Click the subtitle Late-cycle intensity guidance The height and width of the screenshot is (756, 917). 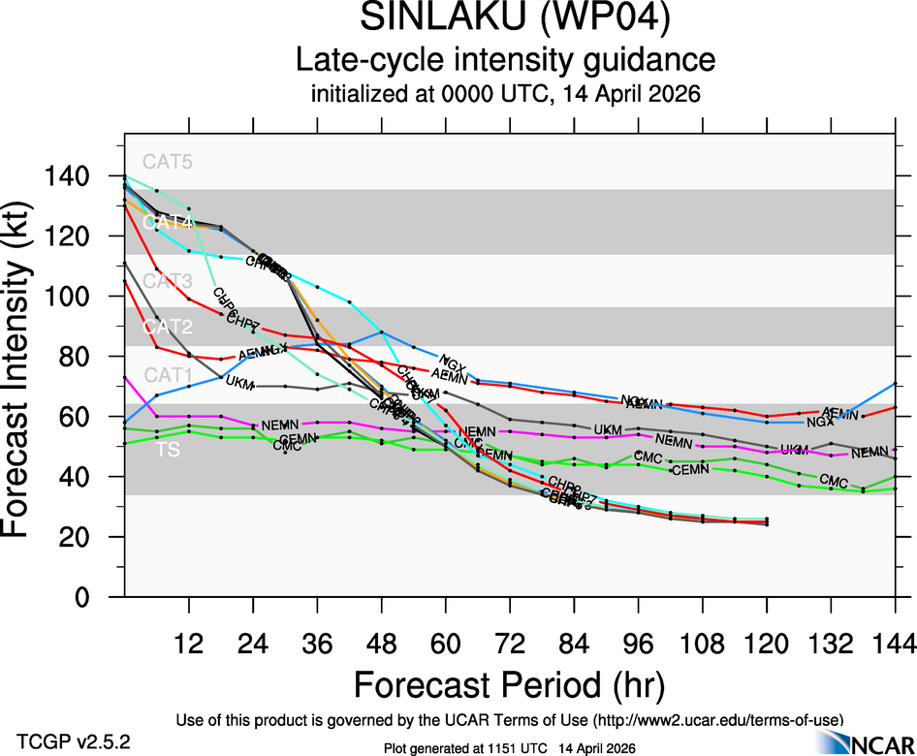pyautogui.click(x=505, y=61)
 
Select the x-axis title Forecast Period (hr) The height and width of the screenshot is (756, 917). pyautogui.click(x=508, y=684)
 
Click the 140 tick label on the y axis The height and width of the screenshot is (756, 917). pyautogui.click(x=77, y=176)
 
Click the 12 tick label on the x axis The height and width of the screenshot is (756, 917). pyautogui.click(x=188, y=643)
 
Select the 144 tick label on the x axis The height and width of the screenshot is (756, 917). pyautogui.click(x=895, y=643)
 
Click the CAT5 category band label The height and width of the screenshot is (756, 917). pyautogui.click(x=167, y=162)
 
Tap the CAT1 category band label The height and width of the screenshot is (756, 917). pyautogui.click(x=167, y=374)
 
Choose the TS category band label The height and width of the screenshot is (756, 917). pyautogui.click(x=167, y=450)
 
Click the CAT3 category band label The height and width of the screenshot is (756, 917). pyautogui.click(x=167, y=281)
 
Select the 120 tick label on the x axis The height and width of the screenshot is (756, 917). pyautogui.click(x=766, y=643)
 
